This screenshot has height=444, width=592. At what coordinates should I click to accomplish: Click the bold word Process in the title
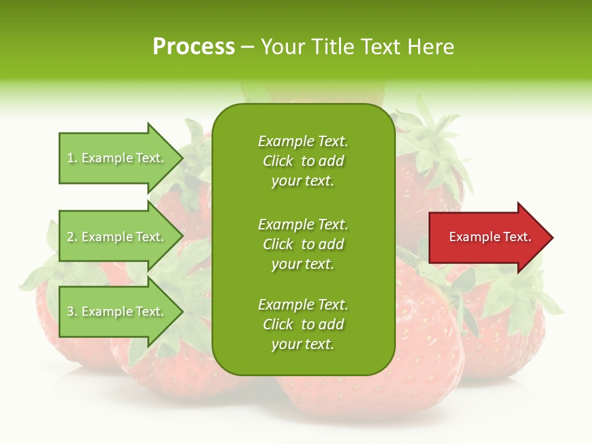pyautogui.click(x=194, y=47)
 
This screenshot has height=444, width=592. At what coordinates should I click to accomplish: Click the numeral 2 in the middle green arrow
pyautogui.click(x=70, y=237)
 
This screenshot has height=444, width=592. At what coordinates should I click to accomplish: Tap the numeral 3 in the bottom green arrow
pyautogui.click(x=70, y=311)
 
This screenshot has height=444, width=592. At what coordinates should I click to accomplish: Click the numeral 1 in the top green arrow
pyautogui.click(x=70, y=158)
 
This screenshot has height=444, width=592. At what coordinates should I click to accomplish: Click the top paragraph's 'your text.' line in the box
pyautogui.click(x=303, y=181)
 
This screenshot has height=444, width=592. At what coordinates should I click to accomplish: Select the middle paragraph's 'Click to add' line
pyautogui.click(x=303, y=244)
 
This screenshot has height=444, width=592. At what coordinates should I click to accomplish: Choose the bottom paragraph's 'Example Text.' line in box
pyautogui.click(x=303, y=305)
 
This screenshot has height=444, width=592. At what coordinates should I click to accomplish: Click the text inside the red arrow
pyautogui.click(x=490, y=237)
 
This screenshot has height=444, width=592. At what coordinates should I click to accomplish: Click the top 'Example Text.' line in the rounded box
pyautogui.click(x=303, y=141)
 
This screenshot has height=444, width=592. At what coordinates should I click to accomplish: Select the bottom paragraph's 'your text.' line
pyautogui.click(x=303, y=345)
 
